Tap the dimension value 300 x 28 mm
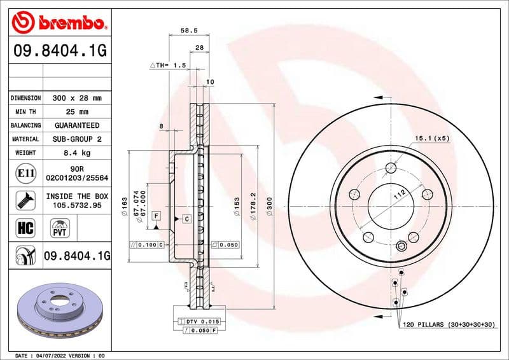pyautogui.click(x=77, y=98)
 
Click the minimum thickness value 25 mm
pyautogui.click(x=77, y=112)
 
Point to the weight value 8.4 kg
pyautogui.click(x=77, y=153)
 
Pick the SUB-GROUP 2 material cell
pyautogui.click(x=77, y=139)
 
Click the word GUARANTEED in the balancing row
pyautogui.click(x=77, y=125)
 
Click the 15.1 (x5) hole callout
pyautogui.click(x=432, y=138)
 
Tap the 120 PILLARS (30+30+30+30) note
pyautogui.click(x=449, y=324)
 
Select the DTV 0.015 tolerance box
pyautogui.click(x=200, y=322)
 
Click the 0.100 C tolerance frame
pyautogui.click(x=147, y=244)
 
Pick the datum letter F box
pyautogui.click(x=155, y=217)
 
